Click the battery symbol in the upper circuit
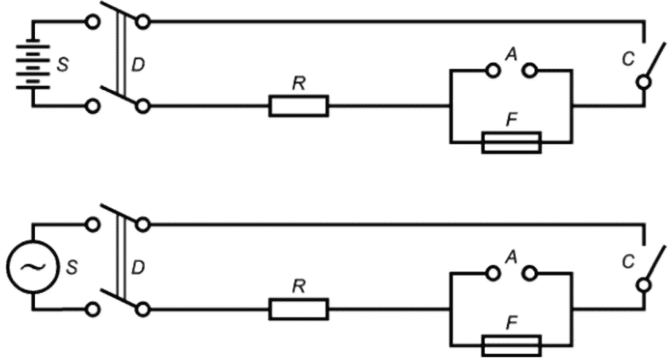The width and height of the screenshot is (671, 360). point(33,63)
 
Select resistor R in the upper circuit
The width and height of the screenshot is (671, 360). point(298,105)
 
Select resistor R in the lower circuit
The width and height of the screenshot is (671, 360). point(298,308)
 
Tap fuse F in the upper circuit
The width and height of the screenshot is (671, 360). point(512,143)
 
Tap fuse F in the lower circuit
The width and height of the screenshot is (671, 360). point(512,346)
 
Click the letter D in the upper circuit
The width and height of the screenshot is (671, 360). point(138,64)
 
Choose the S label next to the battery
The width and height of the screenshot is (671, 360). point(63,64)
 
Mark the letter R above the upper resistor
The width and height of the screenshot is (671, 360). point(298,85)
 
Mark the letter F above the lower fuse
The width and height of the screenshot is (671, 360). point(512,323)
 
